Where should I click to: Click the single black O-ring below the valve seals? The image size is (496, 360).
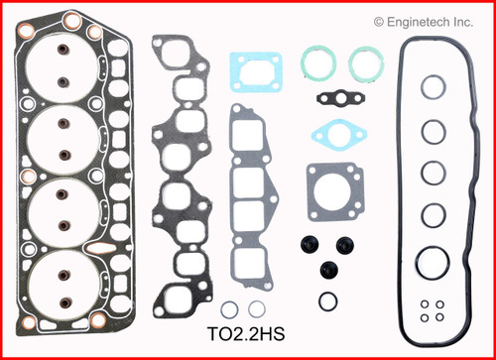[x=328, y=299]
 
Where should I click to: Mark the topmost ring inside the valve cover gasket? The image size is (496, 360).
[x=431, y=88]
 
